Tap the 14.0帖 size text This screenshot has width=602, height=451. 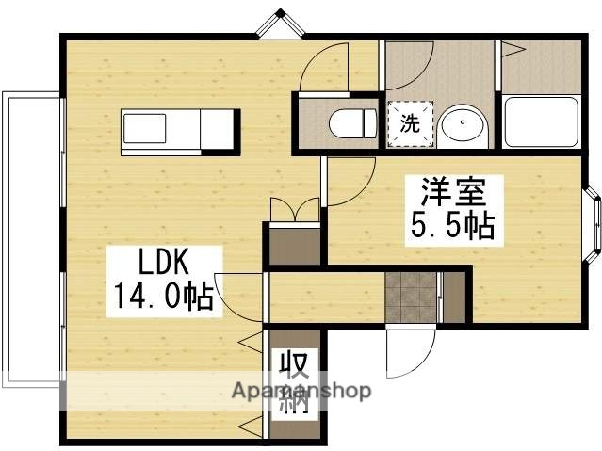point(162,298)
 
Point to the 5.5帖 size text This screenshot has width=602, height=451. point(450,227)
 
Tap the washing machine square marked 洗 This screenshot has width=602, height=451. point(410,122)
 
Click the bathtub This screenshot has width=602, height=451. point(542,121)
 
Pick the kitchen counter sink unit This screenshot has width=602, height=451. point(162,130)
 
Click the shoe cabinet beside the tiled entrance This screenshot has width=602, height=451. point(452,298)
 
